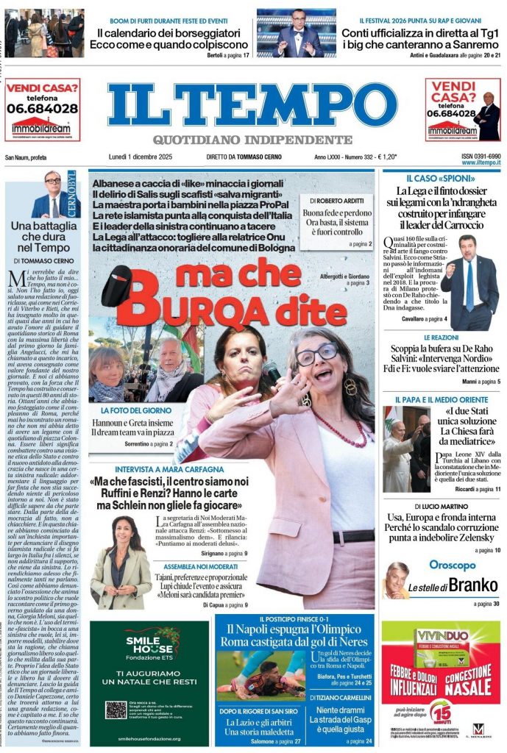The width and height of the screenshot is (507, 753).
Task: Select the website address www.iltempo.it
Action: tap(482, 163)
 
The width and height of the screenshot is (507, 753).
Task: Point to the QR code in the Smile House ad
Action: tap(116, 710)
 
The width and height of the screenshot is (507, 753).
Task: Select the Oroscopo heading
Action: tap(451, 565)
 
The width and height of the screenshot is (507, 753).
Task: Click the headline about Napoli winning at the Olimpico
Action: tap(297, 635)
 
